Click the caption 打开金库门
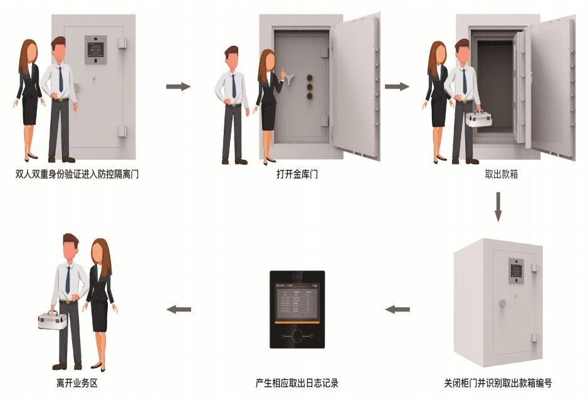click(297, 174)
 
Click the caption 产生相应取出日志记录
click(297, 383)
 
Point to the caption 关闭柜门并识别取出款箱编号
click(498, 383)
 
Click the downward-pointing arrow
click(498, 207)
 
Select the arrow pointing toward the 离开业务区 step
click(178, 309)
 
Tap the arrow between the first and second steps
click(178, 86)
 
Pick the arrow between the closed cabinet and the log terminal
click(397, 309)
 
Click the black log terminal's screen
click(297, 301)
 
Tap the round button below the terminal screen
click(297, 335)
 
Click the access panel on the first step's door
click(96, 50)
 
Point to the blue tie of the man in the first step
click(61, 79)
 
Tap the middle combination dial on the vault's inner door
click(309, 86)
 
